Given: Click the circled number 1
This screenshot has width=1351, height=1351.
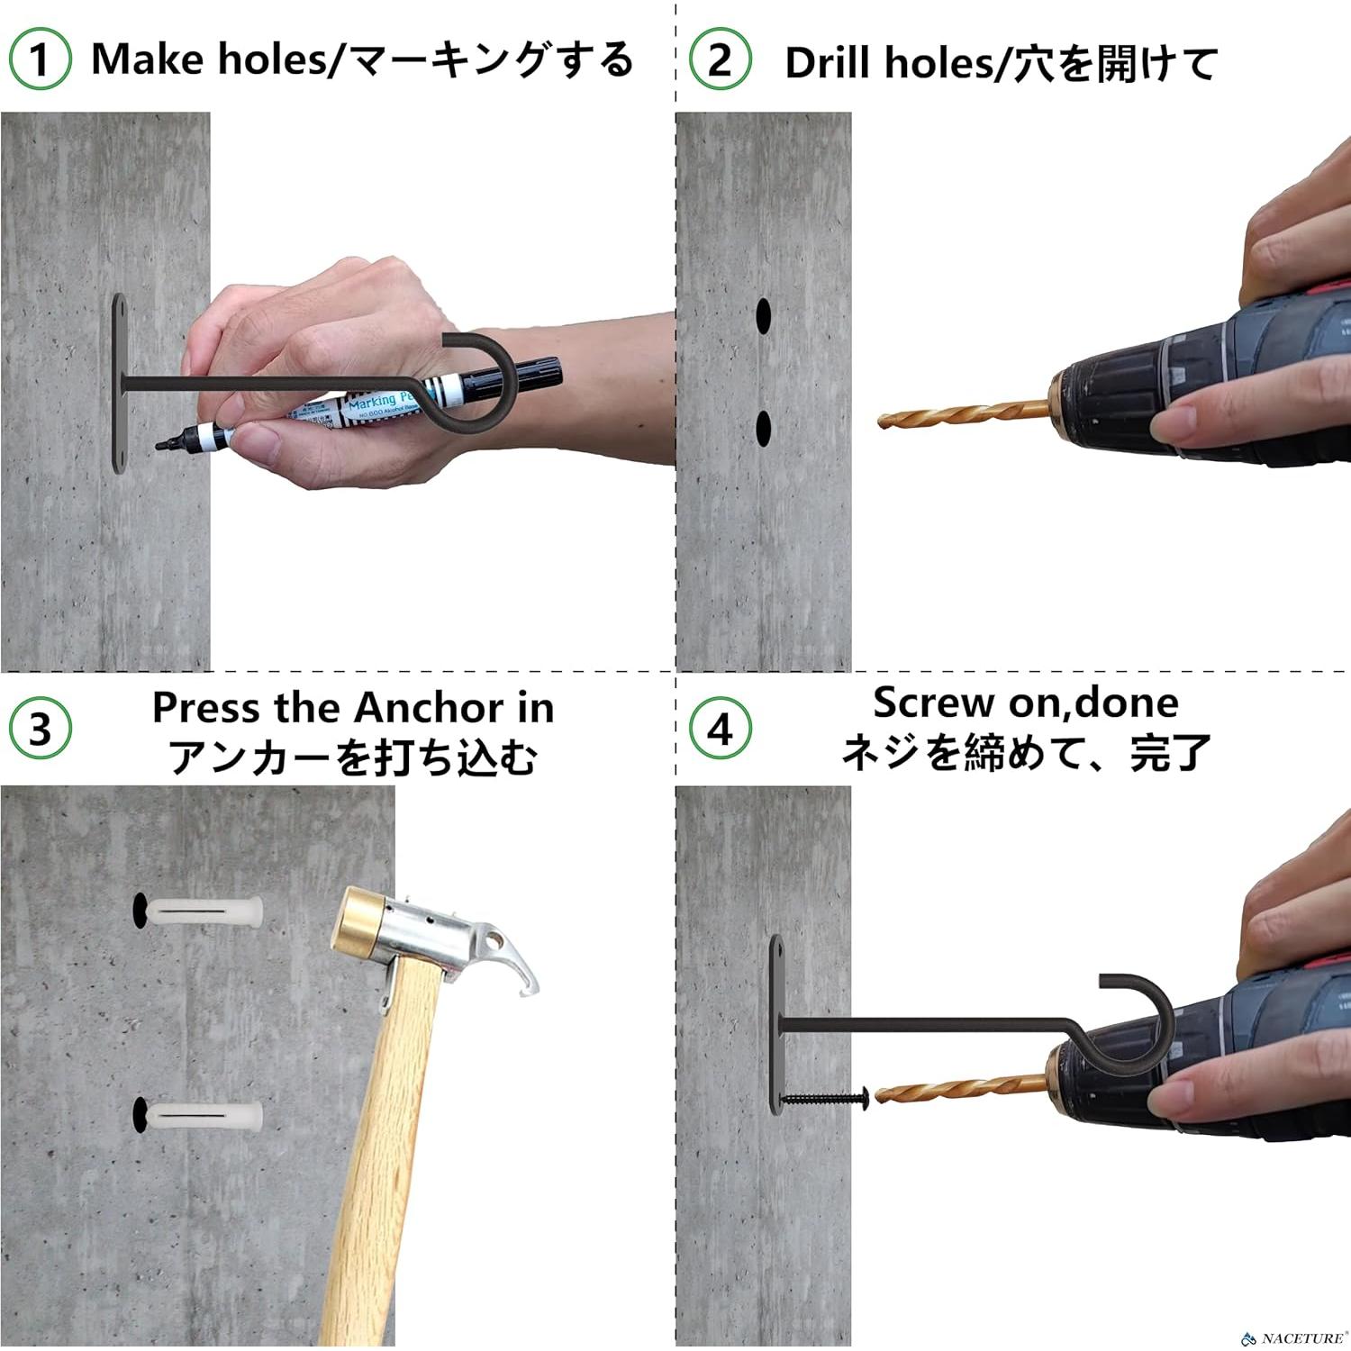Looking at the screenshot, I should pos(40,59).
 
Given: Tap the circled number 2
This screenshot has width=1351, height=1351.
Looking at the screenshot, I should pos(719,59).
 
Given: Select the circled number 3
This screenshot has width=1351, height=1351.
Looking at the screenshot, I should pos(40,729).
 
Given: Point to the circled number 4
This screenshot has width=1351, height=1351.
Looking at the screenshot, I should pos(719,729).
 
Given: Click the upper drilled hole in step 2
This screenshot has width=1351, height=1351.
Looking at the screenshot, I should pos(764,315).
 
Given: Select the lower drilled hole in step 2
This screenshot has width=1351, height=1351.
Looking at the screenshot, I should pos(764,429).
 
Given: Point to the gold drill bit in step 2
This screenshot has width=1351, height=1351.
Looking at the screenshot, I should pos(964,415).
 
